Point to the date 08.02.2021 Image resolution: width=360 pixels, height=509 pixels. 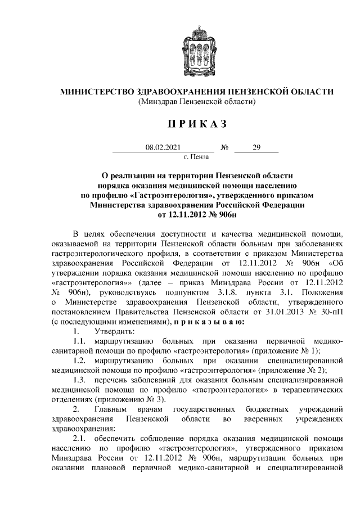pyautogui.click(x=163, y=148)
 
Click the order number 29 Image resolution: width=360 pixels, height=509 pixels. pyautogui.click(x=256, y=148)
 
